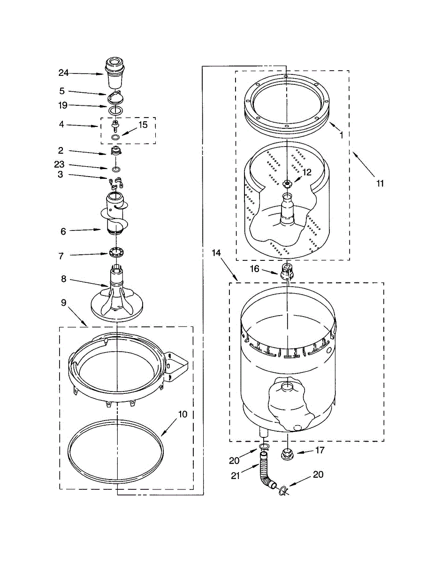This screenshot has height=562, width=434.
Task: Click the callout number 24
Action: click(x=63, y=73)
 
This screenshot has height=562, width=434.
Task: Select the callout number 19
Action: click(x=63, y=105)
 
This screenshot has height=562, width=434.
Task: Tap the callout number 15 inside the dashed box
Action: click(x=142, y=125)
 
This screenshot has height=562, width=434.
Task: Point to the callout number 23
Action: click(x=60, y=165)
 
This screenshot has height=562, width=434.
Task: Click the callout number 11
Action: click(x=380, y=183)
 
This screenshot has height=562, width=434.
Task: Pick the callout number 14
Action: click(x=216, y=253)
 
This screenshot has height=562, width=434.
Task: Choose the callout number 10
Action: click(x=183, y=414)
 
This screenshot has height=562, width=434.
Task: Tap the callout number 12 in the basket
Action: click(x=306, y=172)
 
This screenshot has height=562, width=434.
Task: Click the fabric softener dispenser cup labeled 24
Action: click(x=115, y=73)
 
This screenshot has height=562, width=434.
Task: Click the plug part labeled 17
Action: click(x=287, y=453)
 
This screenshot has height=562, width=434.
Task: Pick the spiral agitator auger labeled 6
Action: click(x=114, y=213)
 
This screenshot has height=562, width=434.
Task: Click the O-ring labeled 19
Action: click(x=116, y=110)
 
